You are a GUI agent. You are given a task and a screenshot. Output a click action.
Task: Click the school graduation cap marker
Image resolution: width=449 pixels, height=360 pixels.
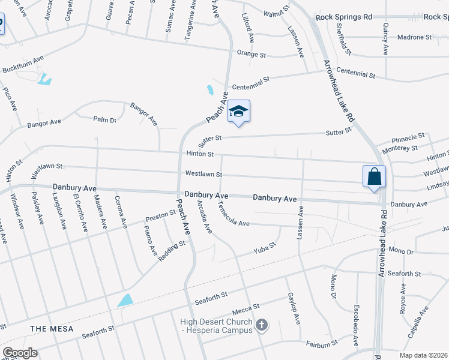(238, 112)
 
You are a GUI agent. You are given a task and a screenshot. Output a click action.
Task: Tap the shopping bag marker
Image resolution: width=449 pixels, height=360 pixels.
(374, 177)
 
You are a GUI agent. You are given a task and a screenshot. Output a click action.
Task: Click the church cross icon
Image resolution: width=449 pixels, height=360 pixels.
(261, 325)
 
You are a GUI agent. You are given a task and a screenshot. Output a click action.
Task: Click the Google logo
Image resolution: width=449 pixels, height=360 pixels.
(20, 352)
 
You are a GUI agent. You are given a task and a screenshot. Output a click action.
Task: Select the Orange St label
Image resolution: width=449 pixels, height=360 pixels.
(251, 54)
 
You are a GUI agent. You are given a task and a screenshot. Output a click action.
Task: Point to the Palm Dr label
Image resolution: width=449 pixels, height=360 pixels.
(104, 119)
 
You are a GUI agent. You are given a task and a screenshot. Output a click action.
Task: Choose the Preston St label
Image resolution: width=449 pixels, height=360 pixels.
(160, 214)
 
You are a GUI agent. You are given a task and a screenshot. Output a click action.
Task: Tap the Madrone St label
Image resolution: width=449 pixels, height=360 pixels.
(414, 37)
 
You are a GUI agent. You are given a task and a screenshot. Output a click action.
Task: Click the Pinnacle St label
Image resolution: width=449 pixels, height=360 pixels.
(408, 137)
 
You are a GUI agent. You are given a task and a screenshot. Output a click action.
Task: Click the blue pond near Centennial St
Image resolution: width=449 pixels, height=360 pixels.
(210, 91)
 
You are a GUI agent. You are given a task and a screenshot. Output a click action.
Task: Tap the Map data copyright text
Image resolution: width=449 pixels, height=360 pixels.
(423, 355)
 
